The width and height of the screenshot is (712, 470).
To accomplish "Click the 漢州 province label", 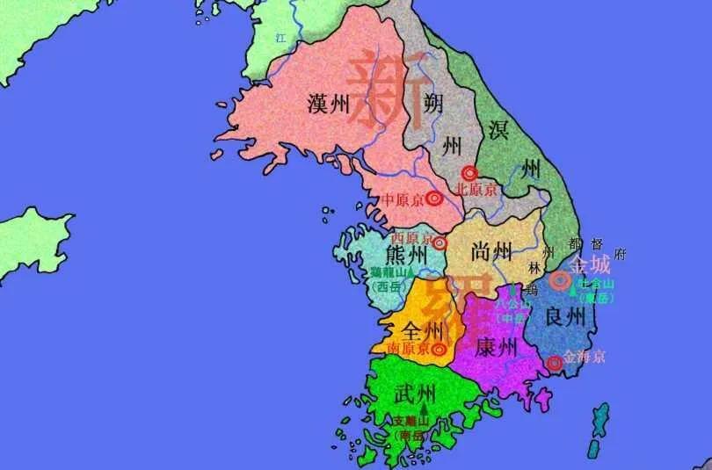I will [x=329, y=105].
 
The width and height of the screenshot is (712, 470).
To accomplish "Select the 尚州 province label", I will [x=490, y=251].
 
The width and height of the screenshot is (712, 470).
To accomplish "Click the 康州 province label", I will [x=496, y=348].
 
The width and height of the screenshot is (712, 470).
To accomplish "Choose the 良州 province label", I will [x=564, y=316].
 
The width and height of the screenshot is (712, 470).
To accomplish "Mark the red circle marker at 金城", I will [x=559, y=280].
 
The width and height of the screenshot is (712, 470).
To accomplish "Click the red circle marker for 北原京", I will [x=471, y=173].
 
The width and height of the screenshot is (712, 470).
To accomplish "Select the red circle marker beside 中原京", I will [x=436, y=199].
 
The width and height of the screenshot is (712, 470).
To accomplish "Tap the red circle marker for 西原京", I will [x=440, y=242].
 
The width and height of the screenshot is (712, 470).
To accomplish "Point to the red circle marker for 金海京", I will [x=554, y=362].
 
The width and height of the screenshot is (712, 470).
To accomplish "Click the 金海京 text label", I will [x=585, y=358].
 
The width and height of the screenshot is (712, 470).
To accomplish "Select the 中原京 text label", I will [x=403, y=199].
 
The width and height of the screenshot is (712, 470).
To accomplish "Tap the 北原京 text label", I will [x=476, y=190].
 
